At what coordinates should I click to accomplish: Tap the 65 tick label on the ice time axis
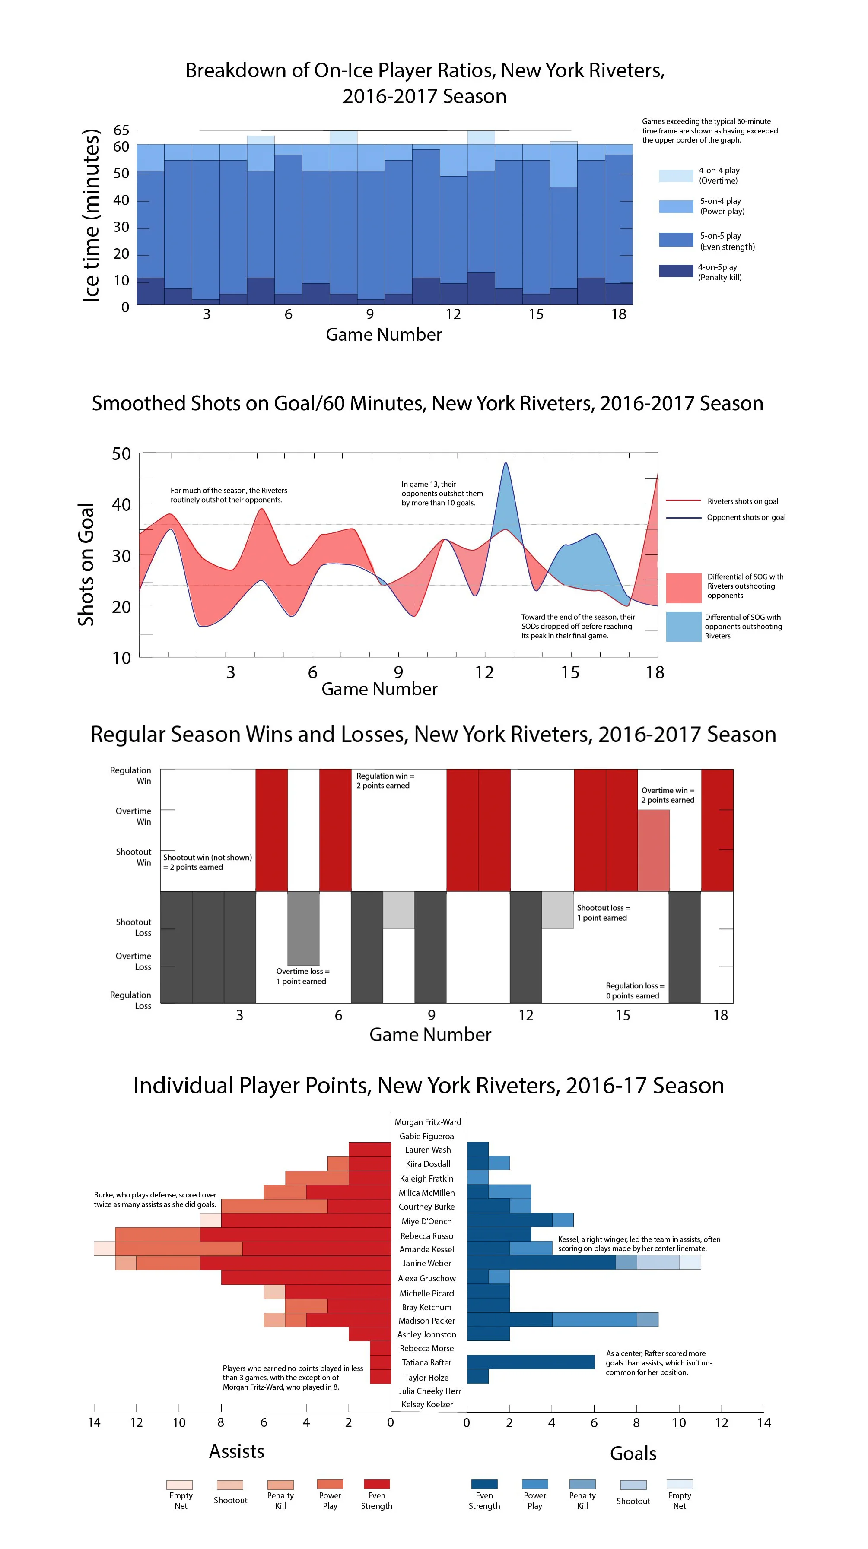[121, 130]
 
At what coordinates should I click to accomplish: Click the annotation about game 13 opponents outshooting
[442, 493]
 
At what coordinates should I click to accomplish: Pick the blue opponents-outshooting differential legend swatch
[684, 626]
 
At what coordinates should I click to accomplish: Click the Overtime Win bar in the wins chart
[653, 850]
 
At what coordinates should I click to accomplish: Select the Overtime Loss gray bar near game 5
[303, 928]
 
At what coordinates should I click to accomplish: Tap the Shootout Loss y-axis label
[134, 927]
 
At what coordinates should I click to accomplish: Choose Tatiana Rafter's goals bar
[530, 1362]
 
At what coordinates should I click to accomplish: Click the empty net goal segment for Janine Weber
[690, 1262]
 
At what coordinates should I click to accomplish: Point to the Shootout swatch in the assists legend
[230, 1485]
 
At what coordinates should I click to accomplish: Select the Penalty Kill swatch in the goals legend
[582, 1484]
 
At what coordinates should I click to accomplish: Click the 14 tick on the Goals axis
[763, 1422]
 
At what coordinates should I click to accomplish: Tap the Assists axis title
[236, 1451]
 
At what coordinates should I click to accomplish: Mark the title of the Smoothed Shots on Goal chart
[427, 403]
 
